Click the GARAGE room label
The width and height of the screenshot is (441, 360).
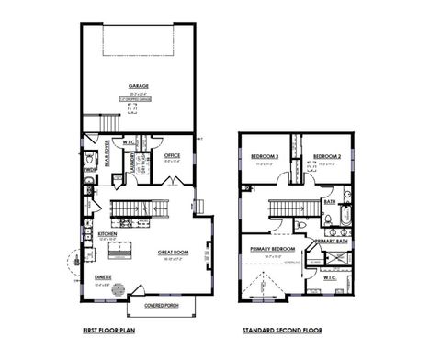coord(140,85)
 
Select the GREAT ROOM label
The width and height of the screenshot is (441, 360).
coord(173,252)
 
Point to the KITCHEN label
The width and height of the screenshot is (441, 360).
coord(108,235)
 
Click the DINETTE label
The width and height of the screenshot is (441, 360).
coord(102,276)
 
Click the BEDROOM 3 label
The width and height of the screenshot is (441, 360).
coord(266,158)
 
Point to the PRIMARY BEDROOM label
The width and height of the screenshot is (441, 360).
coord(272,249)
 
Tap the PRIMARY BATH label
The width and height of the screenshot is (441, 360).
coord(331,242)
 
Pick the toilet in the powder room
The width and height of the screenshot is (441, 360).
coord(88,183)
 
